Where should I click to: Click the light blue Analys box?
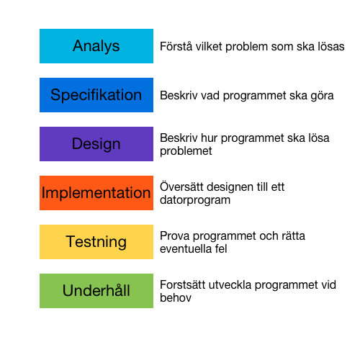(96, 46)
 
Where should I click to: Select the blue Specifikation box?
(96, 95)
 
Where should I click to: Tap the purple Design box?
(96, 144)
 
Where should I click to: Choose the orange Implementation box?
(96, 193)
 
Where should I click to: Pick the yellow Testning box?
(96, 242)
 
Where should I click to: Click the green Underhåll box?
(96, 291)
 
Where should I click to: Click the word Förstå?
(176, 46)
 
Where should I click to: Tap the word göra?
(322, 96)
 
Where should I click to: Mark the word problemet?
(186, 151)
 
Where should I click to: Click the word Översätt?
(181, 186)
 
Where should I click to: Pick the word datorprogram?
(195, 200)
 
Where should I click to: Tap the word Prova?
(175, 235)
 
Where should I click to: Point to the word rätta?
(293, 235)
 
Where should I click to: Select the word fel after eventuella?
(221, 248)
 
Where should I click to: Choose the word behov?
(176, 297)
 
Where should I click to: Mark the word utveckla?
(230, 284)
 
